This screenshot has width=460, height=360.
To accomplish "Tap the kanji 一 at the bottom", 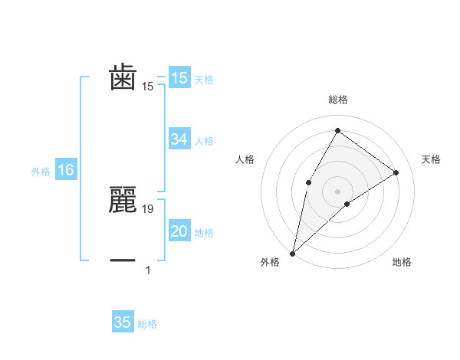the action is (x=123, y=260).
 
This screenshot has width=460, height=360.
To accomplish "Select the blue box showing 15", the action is (x=179, y=78).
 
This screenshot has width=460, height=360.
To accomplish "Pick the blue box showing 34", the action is (x=179, y=139).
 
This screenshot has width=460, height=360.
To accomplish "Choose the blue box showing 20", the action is (x=179, y=231).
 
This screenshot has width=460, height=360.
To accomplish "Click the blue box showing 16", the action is (x=65, y=170).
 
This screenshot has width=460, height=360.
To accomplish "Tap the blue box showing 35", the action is (x=123, y=322).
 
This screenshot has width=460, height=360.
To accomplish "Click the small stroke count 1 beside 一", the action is (x=148, y=270).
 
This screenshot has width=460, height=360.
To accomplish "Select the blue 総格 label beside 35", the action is (x=147, y=324).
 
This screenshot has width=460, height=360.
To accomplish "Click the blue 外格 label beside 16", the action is (x=41, y=172).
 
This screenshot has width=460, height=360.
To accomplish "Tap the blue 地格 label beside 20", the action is (x=204, y=233).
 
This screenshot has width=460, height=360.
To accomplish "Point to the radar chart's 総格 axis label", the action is (x=337, y=100).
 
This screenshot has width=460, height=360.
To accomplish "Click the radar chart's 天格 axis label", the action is (x=431, y=159).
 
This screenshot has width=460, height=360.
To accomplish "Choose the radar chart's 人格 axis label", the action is (x=245, y=159).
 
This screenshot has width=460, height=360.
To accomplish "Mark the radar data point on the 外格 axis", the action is (x=292, y=253).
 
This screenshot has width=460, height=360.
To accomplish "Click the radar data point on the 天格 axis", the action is (x=396, y=172).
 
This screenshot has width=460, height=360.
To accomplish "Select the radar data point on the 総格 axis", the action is (x=337, y=130).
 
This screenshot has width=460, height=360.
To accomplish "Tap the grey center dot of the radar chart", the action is (x=337, y=191).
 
